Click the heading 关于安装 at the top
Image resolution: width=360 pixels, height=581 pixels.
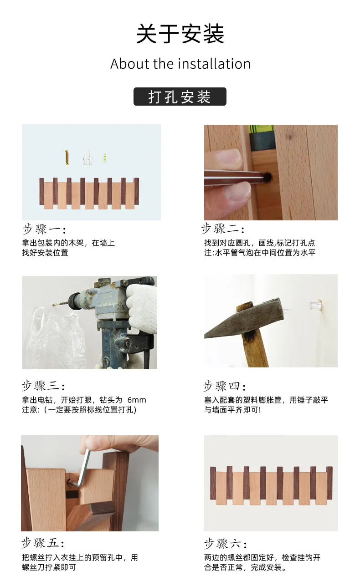coord(180,34)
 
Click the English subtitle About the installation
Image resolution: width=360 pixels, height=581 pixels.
coord(180,64)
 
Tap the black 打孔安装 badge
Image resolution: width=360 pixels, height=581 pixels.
coord(180,97)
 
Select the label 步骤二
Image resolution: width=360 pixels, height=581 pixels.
coord(223,229)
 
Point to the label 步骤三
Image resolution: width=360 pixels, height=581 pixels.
coord(44,386)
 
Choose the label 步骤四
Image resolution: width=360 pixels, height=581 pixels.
coord(224,387)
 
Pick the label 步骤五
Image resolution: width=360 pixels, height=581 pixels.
coord(43,543)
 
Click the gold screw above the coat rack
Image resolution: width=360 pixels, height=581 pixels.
coord(67,158)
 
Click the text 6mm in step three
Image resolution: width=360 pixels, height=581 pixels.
coord(137,400)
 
